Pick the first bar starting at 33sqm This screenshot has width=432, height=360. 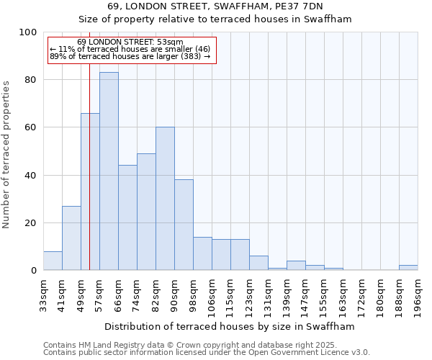[53, 261]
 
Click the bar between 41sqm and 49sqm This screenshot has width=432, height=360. [71, 238]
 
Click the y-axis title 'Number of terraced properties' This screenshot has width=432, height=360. [7, 154]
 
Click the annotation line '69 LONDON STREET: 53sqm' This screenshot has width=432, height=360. [130, 42]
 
